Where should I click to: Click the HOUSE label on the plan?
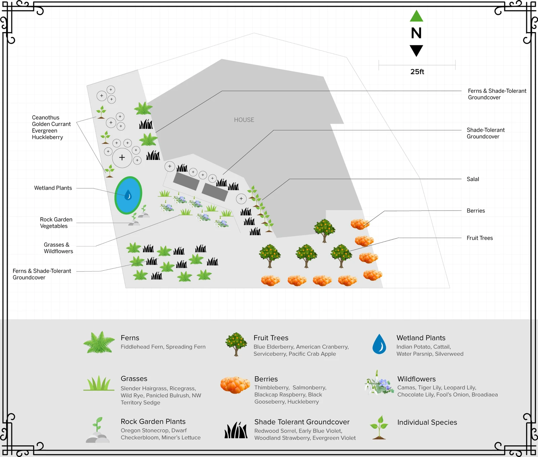pyautogui.click(x=244, y=120)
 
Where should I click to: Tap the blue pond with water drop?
pyautogui.click(x=128, y=195)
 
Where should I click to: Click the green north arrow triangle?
pyautogui.click(x=416, y=16)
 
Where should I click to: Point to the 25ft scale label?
pyautogui.click(x=417, y=72)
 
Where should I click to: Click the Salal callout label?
pyautogui.click(x=472, y=179)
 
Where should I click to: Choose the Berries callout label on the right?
pyautogui.click(x=475, y=211)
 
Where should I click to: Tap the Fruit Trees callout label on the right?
pyautogui.click(x=479, y=238)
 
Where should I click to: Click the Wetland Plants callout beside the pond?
pyautogui.click(x=53, y=188)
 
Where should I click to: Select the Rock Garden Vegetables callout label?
pyautogui.click(x=56, y=223)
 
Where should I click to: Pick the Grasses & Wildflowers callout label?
pyautogui.click(x=58, y=248)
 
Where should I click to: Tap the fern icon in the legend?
pyautogui.click(x=99, y=342)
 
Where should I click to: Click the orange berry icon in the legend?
pyautogui.click(x=235, y=385)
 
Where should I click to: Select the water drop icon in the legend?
pyautogui.click(x=379, y=344)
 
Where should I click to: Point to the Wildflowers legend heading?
pyautogui.click(x=416, y=379)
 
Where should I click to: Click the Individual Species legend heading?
pyautogui.click(x=427, y=422)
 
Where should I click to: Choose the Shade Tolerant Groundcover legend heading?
pyautogui.click(x=302, y=422)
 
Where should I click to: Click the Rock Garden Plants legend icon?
pyautogui.click(x=98, y=430)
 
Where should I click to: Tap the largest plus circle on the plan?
pyautogui.click(x=122, y=157)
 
